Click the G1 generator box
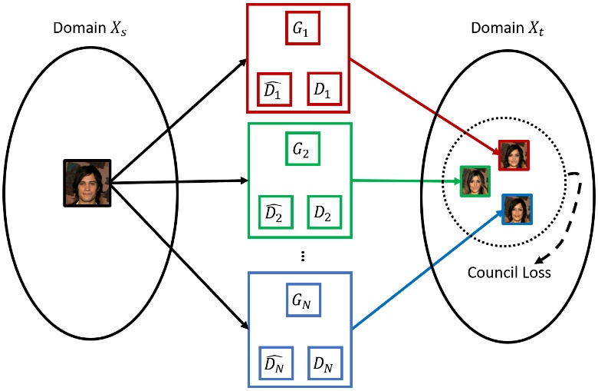pos(301,28)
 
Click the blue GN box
pos(301,300)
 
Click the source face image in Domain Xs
pos(86,183)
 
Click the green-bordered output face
pos(475,181)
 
